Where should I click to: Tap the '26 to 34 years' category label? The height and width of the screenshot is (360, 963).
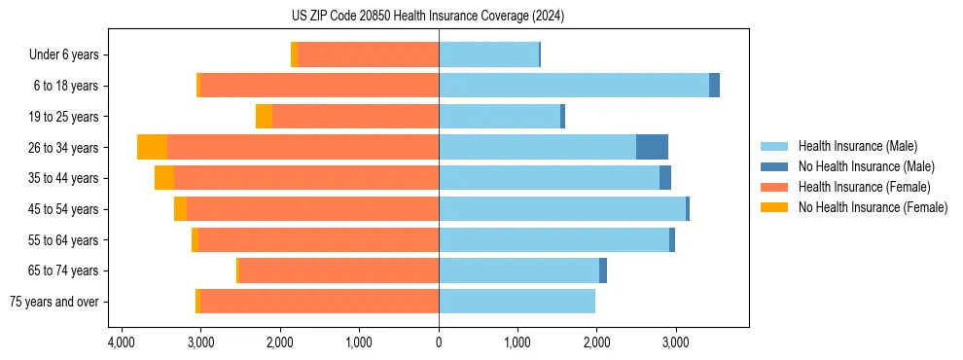pyautogui.click(x=63, y=148)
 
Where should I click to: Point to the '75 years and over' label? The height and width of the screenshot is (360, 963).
pyautogui.click(x=54, y=302)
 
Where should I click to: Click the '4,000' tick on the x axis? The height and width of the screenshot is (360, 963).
pyautogui.click(x=121, y=342)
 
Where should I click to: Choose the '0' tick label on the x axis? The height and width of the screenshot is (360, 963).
pyautogui.click(x=439, y=342)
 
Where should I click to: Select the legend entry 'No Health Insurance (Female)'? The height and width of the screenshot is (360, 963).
pyautogui.click(x=873, y=207)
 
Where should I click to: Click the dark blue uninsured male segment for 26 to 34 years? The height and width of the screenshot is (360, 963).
pyautogui.click(x=652, y=147)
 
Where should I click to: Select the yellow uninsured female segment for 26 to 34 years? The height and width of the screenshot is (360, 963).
pyautogui.click(x=152, y=147)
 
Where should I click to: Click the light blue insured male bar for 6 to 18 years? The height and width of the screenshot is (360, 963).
pyautogui.click(x=574, y=86)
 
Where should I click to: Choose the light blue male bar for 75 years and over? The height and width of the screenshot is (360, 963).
pyautogui.click(x=517, y=302)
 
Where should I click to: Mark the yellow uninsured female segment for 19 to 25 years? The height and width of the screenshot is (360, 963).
pyautogui.click(x=264, y=117)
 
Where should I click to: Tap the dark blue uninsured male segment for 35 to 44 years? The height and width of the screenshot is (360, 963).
pyautogui.click(x=665, y=178)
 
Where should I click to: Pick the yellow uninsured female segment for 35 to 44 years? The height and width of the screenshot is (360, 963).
pyautogui.click(x=164, y=178)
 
